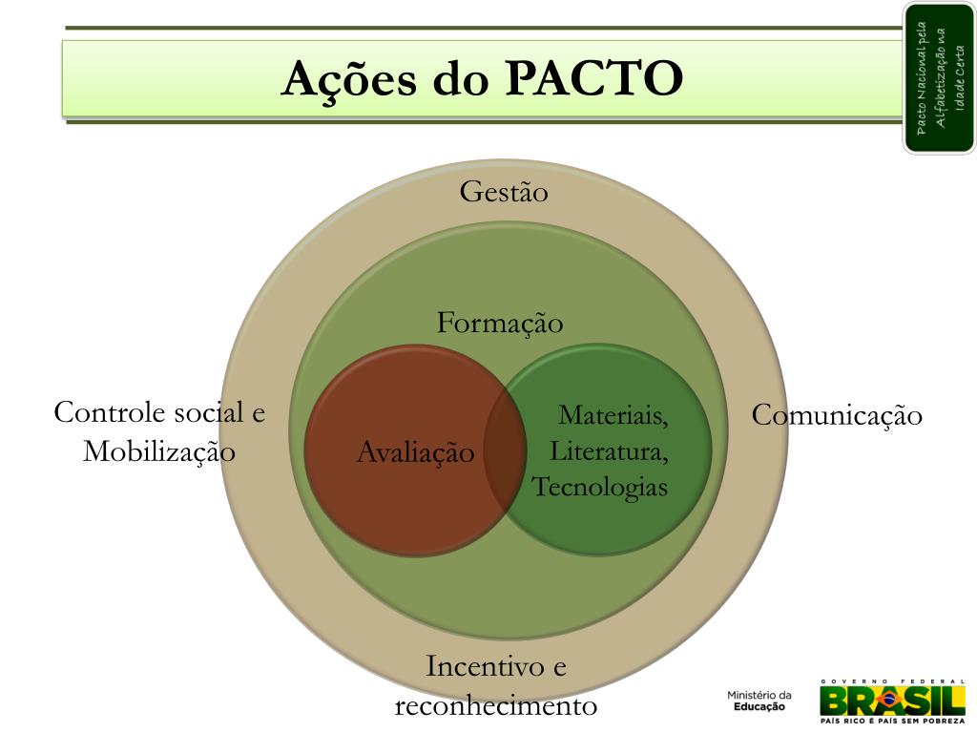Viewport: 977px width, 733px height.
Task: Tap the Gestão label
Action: pos(504,192)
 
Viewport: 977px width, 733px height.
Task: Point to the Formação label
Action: pos(500,323)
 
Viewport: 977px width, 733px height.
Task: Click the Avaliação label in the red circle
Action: pos(415,451)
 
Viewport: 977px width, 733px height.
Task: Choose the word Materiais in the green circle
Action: pos(613,415)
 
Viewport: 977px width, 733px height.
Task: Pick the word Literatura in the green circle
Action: pos(609,450)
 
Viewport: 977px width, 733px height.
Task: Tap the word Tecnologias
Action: pos(600,487)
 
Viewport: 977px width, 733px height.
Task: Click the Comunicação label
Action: pos(837,415)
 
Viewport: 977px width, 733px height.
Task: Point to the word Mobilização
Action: pos(159,450)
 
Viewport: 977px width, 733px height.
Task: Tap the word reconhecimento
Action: pos(496,706)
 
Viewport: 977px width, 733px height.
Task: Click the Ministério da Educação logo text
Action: pos(759,701)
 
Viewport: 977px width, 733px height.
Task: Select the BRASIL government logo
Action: pos(892,698)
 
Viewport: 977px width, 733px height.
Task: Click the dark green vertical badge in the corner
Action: pos(939,77)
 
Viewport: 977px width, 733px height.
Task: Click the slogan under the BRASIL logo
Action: pos(892,723)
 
